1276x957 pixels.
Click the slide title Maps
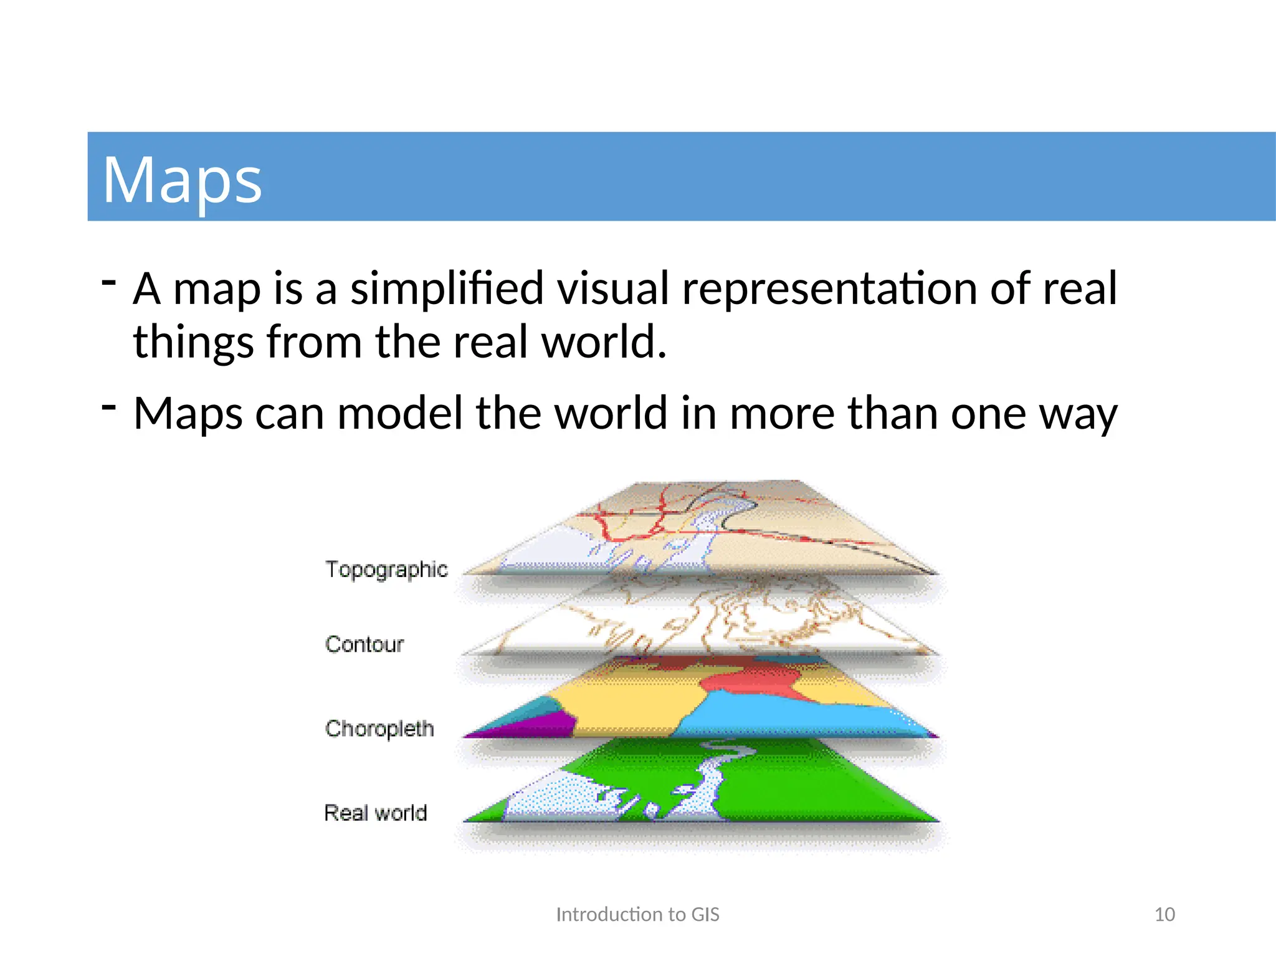click(182, 179)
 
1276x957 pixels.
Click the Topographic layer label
click(386, 569)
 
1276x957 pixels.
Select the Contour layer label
click(364, 644)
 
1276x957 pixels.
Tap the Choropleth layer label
click(379, 728)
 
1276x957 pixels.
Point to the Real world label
click(376, 813)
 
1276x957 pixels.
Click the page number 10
click(1164, 915)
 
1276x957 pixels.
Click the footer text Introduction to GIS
click(637, 915)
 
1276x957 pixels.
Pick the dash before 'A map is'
click(109, 282)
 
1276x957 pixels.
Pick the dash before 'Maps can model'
click(109, 407)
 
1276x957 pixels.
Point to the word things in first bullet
click(194, 342)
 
